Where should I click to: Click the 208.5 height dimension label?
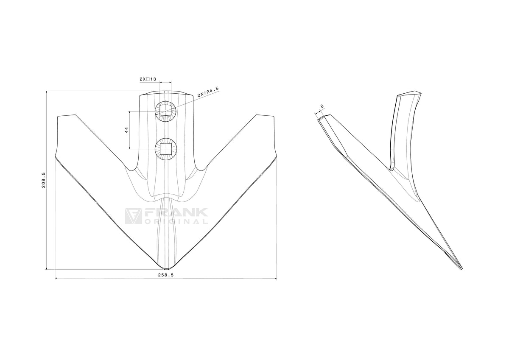tap(43, 180)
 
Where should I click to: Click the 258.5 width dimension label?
tap(166, 275)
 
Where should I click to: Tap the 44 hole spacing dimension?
tap(126, 130)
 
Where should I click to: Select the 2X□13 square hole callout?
tap(148, 79)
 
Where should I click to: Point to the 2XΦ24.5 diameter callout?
tap(208, 92)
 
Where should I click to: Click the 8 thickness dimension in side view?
tap(322, 106)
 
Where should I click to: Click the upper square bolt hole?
tap(165, 111)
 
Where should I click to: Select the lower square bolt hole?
tap(165, 149)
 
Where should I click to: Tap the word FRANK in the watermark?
tap(175, 212)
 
